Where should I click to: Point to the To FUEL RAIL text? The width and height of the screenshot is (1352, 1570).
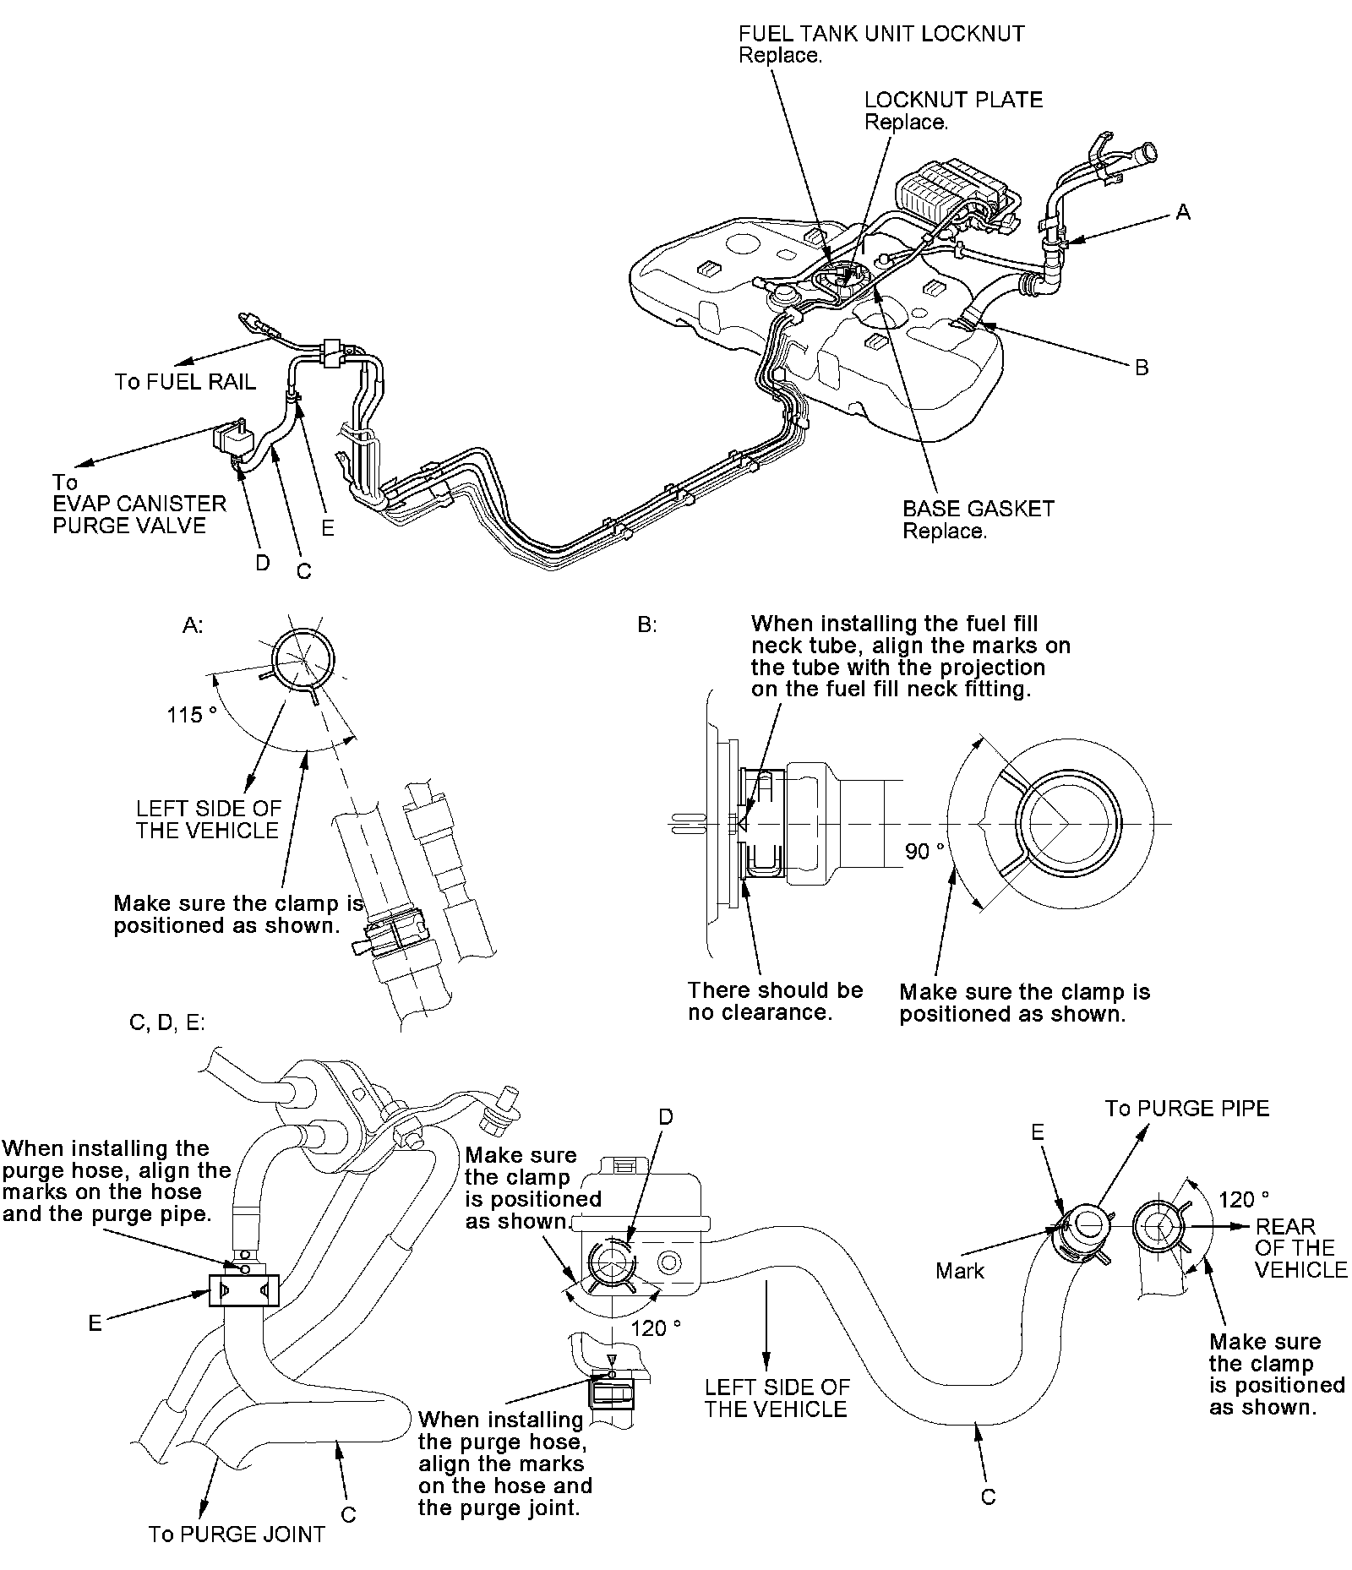click(x=185, y=382)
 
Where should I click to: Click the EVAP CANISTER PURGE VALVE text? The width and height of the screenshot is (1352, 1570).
click(x=139, y=515)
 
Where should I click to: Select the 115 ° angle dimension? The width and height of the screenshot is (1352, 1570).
click(x=191, y=715)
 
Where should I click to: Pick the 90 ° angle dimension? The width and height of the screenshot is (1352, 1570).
click(x=924, y=851)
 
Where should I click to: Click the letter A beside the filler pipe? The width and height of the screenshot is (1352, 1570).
click(x=1183, y=213)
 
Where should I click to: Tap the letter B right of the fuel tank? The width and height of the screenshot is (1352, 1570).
click(x=1142, y=368)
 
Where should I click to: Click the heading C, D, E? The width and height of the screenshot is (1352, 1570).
click(x=167, y=1022)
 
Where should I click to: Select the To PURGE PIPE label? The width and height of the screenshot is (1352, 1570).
click(x=1186, y=1109)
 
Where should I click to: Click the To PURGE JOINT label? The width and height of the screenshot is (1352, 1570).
click(x=237, y=1534)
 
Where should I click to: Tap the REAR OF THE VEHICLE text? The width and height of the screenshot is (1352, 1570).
click(x=1300, y=1248)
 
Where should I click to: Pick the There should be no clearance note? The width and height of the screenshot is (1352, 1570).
click(x=775, y=1001)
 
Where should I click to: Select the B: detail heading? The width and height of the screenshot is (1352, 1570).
click(x=647, y=625)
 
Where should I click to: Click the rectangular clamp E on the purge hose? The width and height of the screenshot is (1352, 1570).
click(x=243, y=1290)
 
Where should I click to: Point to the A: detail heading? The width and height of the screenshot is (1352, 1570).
click(x=193, y=625)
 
